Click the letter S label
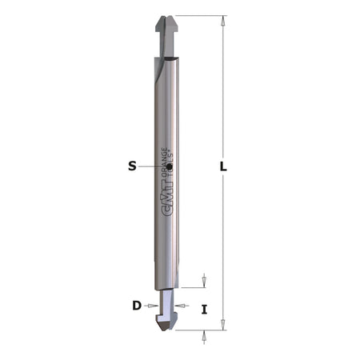132,166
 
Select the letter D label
137,305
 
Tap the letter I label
204,309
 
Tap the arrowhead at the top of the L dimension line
223,20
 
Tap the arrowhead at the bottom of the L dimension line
223,324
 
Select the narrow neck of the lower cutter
166,302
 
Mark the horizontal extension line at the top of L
200,15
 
